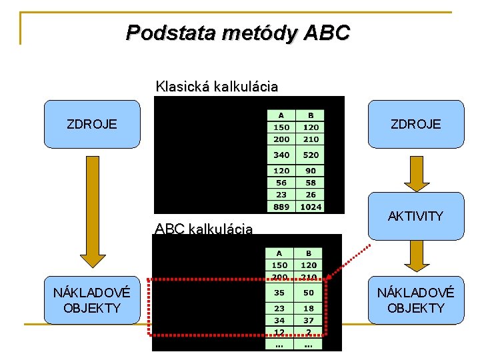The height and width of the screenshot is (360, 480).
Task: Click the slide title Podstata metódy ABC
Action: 237,32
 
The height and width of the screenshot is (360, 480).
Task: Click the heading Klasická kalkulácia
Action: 217,87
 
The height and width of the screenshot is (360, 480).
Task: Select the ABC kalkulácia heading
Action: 204,229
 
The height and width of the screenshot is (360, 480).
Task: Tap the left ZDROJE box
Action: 92,124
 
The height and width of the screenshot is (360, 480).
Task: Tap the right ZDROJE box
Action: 416,124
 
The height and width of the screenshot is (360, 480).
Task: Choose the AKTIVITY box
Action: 416,216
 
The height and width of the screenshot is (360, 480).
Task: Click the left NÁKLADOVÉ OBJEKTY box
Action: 92,300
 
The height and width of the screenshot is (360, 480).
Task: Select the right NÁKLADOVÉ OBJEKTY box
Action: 416,300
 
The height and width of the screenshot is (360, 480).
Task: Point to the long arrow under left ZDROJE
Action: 92,213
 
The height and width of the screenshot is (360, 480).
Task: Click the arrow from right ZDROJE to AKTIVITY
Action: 416,173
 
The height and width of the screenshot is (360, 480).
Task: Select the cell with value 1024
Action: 311,207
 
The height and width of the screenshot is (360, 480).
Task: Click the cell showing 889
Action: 281,207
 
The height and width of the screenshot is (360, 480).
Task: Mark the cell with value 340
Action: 281,155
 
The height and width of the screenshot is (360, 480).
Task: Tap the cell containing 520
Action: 311,155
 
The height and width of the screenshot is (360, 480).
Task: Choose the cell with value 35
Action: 279,292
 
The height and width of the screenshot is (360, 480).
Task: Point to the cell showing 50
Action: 309,292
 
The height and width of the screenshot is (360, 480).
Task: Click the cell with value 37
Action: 309,320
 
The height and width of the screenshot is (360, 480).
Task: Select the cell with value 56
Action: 281,183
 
